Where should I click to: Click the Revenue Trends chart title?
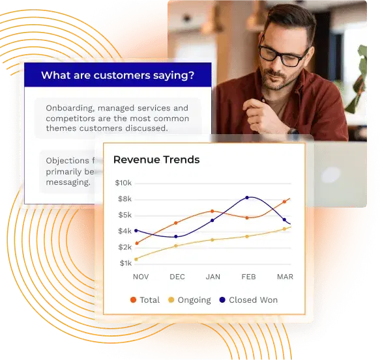(x=156, y=159)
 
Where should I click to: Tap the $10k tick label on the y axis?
(x=123, y=183)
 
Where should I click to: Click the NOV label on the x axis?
(x=141, y=277)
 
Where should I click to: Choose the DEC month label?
(x=177, y=277)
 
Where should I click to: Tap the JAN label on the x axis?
(x=212, y=277)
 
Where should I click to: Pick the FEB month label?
(x=248, y=277)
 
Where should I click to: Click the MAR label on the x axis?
(x=285, y=277)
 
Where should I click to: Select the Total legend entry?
(x=145, y=300)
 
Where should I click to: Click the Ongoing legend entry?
(x=190, y=300)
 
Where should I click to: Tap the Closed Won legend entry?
(x=248, y=300)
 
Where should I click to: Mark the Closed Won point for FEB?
(x=247, y=197)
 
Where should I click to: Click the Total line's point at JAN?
(x=212, y=211)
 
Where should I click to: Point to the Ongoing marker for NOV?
(x=136, y=258)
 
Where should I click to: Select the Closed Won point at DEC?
(x=176, y=236)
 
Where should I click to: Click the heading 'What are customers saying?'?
(x=117, y=76)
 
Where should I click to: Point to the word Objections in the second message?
(x=67, y=161)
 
